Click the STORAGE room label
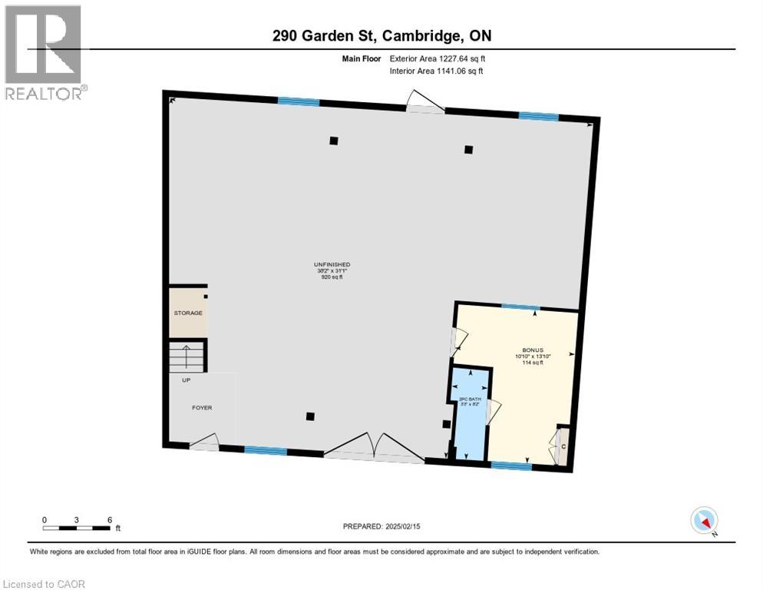[187, 313]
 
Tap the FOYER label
[202, 407]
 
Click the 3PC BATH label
[469, 399]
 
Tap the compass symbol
[704, 520]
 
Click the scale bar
[77, 527]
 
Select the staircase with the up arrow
[187, 356]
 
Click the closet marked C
[563, 446]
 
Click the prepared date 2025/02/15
[383, 526]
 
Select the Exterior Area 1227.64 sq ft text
[437, 58]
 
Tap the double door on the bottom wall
[374, 447]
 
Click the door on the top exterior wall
[424, 102]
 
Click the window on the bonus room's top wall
[520, 307]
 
